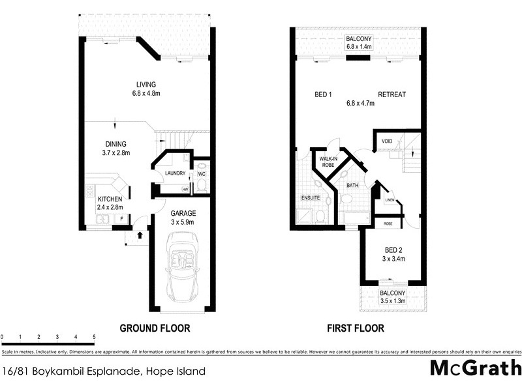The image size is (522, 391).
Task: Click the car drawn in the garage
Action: tap(182, 269)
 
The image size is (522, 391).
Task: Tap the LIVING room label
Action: tap(146, 84)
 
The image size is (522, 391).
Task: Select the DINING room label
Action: tap(115, 144)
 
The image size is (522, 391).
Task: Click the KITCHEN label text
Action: tap(110, 199)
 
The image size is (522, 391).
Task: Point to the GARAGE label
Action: tap(183, 213)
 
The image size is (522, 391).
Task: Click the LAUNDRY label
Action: tap(176, 173)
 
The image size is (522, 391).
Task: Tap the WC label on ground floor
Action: tap(201, 173)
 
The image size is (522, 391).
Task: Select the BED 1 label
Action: tap(324, 94)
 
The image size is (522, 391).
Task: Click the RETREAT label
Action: tap(391, 94)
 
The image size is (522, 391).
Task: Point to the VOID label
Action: tap(387, 140)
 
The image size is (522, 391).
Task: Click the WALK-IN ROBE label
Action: tap(328, 162)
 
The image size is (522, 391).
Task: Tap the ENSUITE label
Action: tap(310, 197)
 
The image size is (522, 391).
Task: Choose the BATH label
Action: tap(353, 186)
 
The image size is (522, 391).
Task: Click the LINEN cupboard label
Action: tap(390, 200)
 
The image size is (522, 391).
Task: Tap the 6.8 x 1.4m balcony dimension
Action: tap(360, 46)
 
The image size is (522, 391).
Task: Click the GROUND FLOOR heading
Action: tap(155, 328)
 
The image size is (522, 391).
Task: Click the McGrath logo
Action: tap(476, 368)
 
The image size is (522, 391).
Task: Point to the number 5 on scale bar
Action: tap(95, 337)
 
